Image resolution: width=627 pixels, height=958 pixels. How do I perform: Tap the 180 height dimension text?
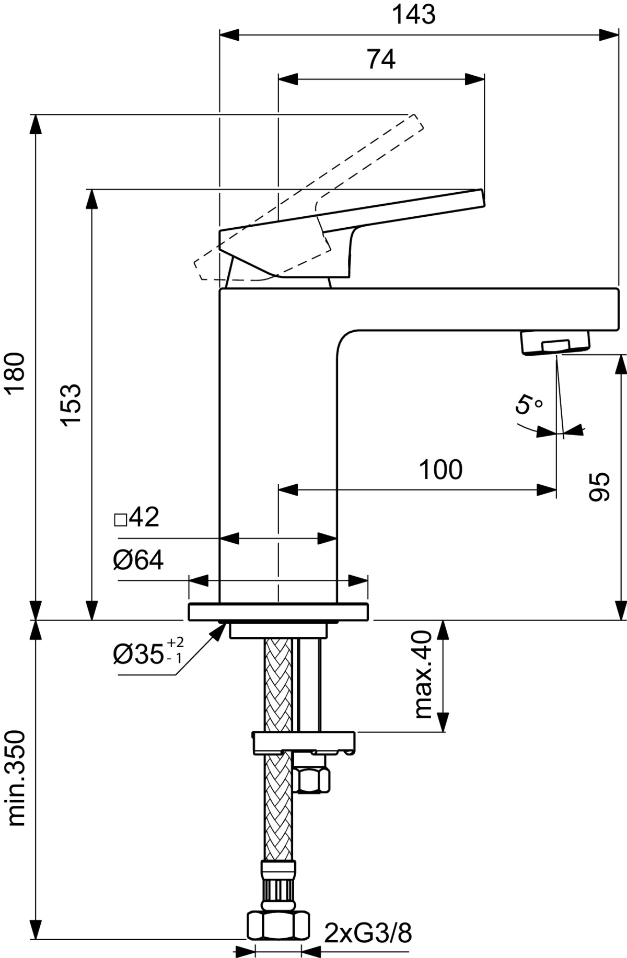tap(15, 372)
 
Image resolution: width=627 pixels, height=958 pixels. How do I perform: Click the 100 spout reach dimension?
tap(440, 470)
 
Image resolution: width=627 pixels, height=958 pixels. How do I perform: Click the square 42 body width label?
tap(136, 517)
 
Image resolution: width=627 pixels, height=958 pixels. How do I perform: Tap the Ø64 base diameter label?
tap(138, 560)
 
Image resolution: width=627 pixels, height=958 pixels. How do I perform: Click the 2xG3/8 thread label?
tap(368, 933)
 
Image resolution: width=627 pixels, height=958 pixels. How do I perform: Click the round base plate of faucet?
tap(279, 612)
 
